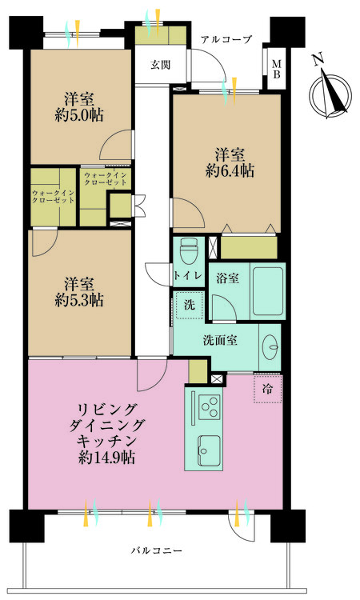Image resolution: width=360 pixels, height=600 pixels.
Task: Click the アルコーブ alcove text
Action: tap(226, 39)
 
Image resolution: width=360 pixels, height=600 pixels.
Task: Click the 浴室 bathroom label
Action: tap(227, 278)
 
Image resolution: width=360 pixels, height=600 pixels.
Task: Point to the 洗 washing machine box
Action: tap(188, 305)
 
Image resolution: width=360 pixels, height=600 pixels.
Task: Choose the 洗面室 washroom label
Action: tap(220, 339)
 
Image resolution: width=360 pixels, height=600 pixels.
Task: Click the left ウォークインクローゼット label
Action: tap(54, 196)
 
